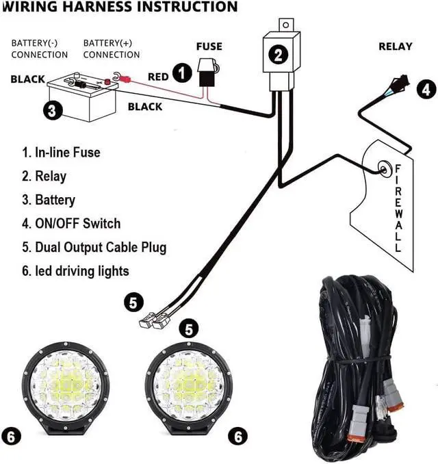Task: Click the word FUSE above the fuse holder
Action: pyautogui.click(x=209, y=47)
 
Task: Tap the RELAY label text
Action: pyautogui.click(x=396, y=47)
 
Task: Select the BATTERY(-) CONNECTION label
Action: pyautogui.click(x=39, y=49)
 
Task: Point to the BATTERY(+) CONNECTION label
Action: pyautogui.click(x=111, y=49)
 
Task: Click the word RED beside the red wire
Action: pyautogui.click(x=158, y=77)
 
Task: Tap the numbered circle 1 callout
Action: pyautogui.click(x=181, y=73)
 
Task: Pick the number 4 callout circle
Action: pyautogui.click(x=426, y=88)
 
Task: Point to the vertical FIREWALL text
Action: pyautogui.click(x=398, y=208)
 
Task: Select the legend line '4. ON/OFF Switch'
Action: pyautogui.click(x=71, y=223)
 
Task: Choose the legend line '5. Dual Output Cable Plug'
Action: pyautogui.click(x=94, y=247)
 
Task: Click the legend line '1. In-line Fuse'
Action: pyautogui.click(x=61, y=152)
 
